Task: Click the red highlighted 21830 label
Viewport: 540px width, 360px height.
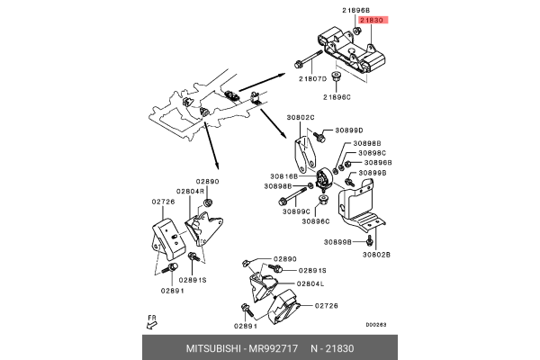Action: point(373,19)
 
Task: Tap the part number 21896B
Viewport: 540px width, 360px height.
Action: point(355,9)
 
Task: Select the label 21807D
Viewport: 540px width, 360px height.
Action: point(313,79)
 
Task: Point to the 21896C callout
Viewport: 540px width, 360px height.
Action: point(337,96)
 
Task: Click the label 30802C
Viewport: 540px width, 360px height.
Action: point(301,117)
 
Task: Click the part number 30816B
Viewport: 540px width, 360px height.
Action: point(283,176)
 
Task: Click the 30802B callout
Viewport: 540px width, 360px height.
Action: point(376,255)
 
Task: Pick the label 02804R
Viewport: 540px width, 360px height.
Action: point(189,192)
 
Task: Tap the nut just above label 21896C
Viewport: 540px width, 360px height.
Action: point(336,77)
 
